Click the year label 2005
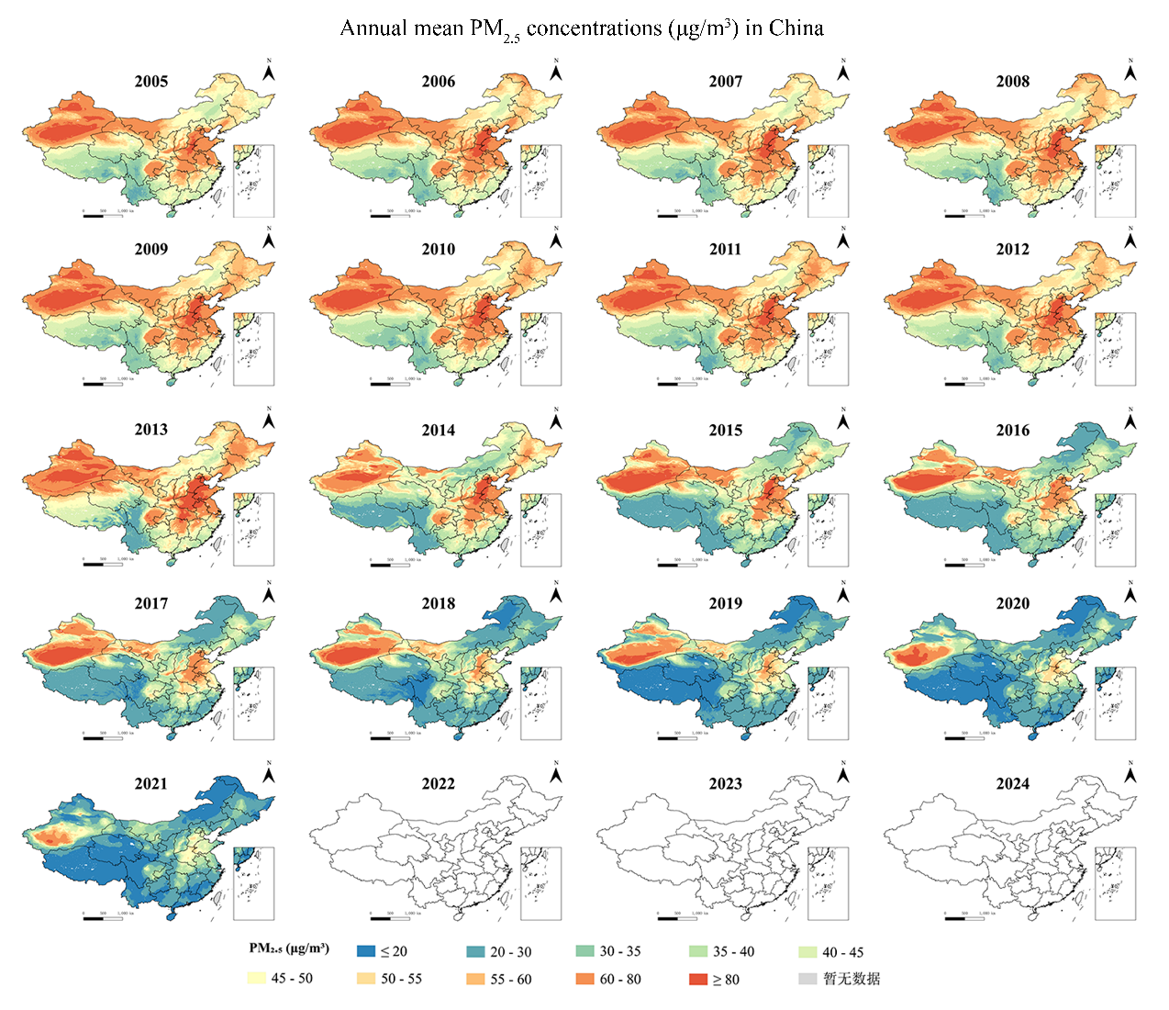tap(151, 81)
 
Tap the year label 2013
tap(151, 430)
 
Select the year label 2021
tap(151, 783)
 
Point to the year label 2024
tap(1012, 783)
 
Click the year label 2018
tap(438, 603)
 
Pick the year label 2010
tap(438, 249)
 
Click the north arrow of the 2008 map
tap(1130, 71)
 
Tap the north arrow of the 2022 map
tap(556, 773)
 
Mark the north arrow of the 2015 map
tap(843, 420)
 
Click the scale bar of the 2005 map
tap(104, 216)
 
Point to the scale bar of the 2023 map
tap(678, 917)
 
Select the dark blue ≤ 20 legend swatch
tap(367, 952)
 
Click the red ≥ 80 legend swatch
tap(698, 980)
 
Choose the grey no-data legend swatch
tap(807, 979)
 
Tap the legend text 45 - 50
tap(292, 979)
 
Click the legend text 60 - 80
tap(620, 980)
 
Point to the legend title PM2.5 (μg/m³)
tap(289, 948)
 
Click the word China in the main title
tap(796, 28)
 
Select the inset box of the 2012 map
tap(1116, 349)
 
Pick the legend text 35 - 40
tap(734, 952)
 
